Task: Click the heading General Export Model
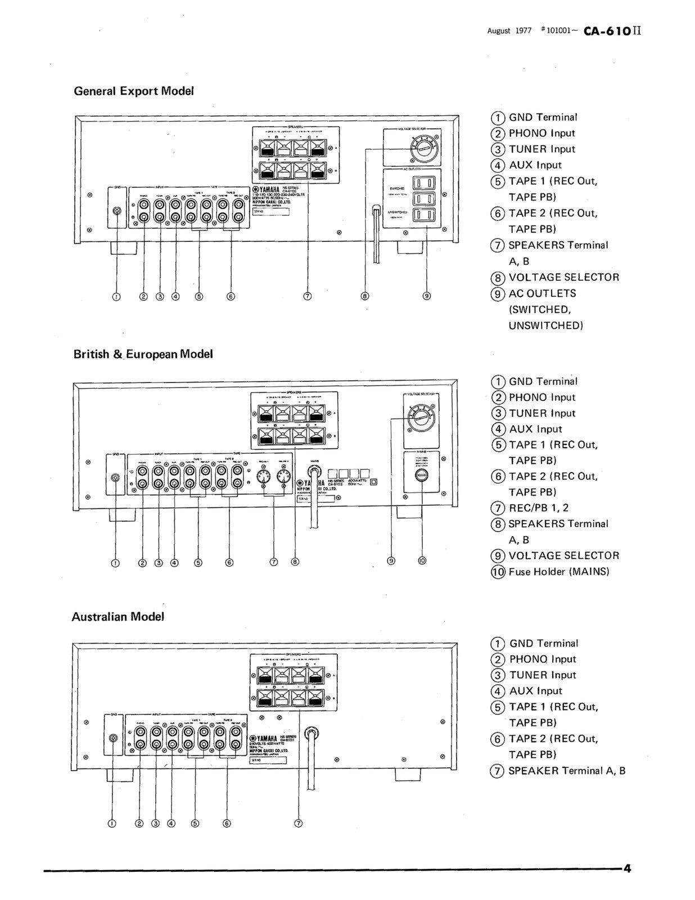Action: click(x=134, y=91)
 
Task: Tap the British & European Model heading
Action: click(x=143, y=354)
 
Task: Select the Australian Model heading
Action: click(x=118, y=616)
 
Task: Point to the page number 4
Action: click(x=627, y=868)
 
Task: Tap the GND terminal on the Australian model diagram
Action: click(x=114, y=738)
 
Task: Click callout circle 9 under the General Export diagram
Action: click(x=427, y=296)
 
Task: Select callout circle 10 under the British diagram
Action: click(x=422, y=560)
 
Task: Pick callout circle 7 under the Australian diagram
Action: click(x=299, y=823)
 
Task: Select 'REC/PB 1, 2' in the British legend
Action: click(x=538, y=508)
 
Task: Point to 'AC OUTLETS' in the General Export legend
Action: click(x=542, y=294)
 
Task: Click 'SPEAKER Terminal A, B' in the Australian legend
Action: click(x=566, y=771)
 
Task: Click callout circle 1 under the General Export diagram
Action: click(x=116, y=296)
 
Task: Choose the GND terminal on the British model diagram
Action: click(x=116, y=478)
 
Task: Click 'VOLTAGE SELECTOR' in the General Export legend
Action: click(x=563, y=277)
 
